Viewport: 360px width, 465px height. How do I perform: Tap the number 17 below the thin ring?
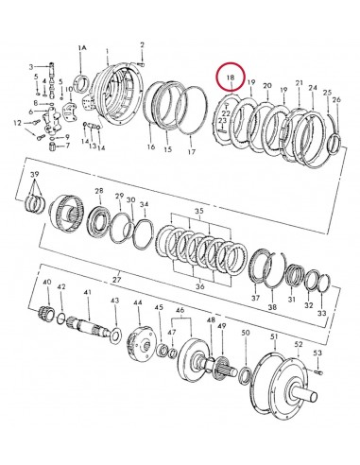(192, 150)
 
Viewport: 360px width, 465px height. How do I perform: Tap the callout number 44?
(137, 303)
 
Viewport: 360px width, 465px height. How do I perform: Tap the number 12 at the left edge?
(16, 124)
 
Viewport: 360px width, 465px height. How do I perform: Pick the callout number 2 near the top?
(141, 44)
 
